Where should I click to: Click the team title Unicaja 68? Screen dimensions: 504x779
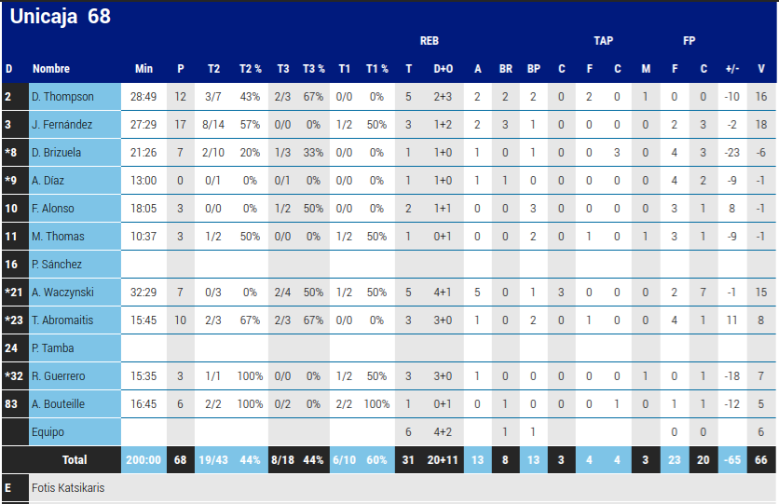click(x=60, y=17)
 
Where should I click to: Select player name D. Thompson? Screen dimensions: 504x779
click(x=62, y=97)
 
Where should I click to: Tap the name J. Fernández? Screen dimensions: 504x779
click(x=62, y=125)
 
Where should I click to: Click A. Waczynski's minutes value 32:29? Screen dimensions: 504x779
click(x=143, y=293)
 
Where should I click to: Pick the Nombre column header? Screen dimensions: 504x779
click(x=51, y=69)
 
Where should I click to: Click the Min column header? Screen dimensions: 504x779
click(x=143, y=69)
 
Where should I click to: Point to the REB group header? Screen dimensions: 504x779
click(x=429, y=41)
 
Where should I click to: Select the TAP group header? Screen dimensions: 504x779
click(x=603, y=41)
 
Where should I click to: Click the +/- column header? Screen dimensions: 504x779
click(x=731, y=69)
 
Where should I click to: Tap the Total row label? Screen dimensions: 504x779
click(x=75, y=460)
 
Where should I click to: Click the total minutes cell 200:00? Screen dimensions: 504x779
click(x=143, y=460)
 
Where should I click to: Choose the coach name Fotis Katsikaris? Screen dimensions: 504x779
click(x=68, y=488)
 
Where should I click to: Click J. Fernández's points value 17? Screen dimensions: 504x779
click(x=181, y=125)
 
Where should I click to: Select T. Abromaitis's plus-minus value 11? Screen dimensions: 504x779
click(x=731, y=320)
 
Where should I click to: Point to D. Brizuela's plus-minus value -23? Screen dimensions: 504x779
click(x=731, y=153)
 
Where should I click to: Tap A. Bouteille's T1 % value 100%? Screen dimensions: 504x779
click(x=376, y=404)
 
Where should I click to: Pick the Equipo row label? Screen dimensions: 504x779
click(x=48, y=432)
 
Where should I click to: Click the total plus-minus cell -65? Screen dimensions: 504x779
click(x=731, y=460)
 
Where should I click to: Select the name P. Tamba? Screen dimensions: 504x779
click(x=52, y=348)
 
